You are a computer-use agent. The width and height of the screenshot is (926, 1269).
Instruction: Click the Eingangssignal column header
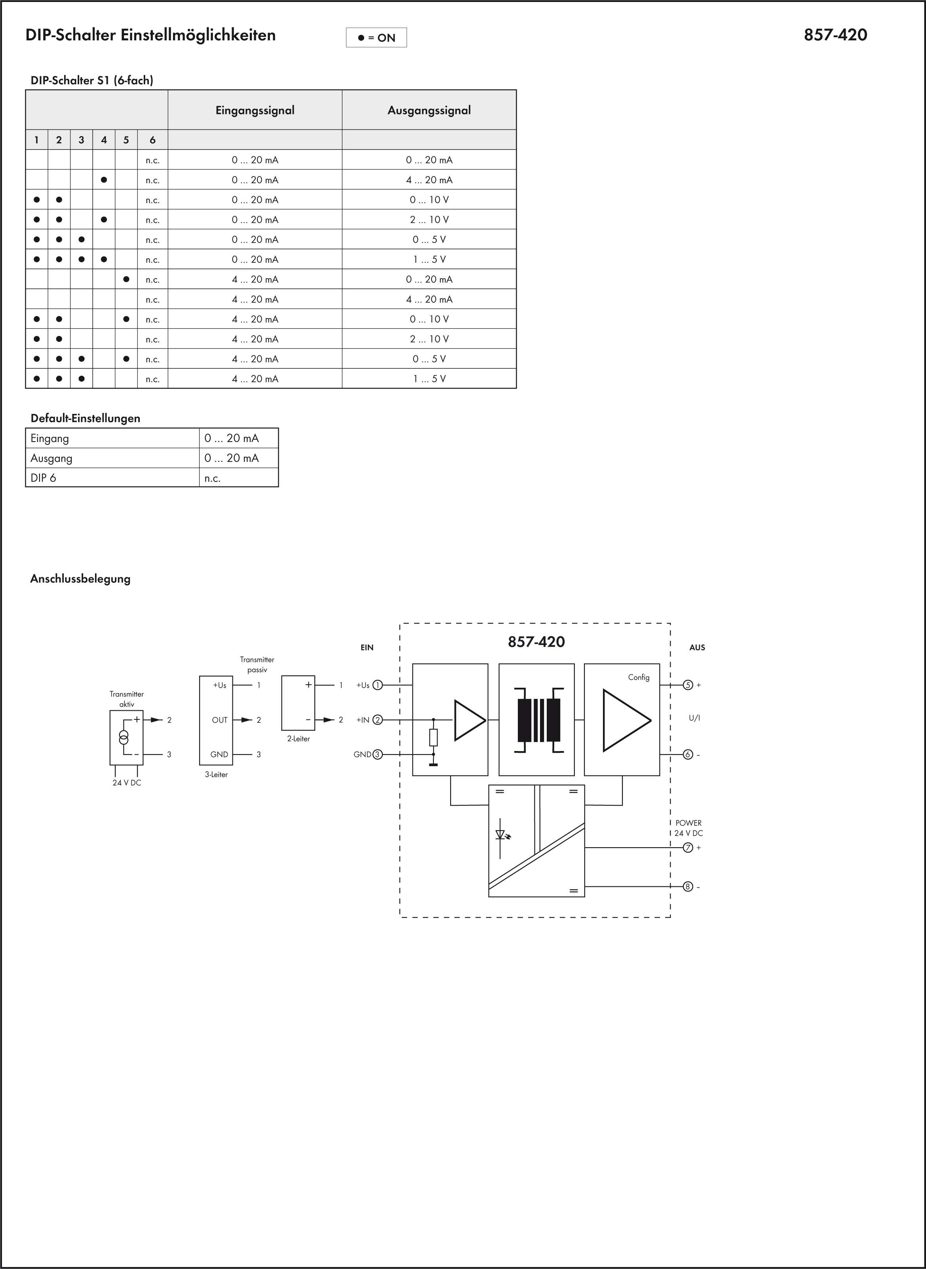(x=255, y=110)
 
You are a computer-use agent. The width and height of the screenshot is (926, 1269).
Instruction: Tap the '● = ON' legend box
(x=376, y=38)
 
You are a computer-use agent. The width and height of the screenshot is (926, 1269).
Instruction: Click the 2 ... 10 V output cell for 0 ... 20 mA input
(x=429, y=220)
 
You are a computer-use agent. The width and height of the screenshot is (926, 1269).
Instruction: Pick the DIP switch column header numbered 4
(x=104, y=140)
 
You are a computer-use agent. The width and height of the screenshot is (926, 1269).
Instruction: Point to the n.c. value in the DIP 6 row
(x=213, y=478)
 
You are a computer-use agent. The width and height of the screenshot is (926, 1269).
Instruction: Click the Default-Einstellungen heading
(x=85, y=418)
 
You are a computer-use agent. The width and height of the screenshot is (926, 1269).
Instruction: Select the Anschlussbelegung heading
(x=80, y=579)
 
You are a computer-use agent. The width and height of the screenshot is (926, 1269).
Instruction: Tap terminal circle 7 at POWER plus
(x=688, y=848)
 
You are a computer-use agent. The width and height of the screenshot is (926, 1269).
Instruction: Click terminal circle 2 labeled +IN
(x=377, y=720)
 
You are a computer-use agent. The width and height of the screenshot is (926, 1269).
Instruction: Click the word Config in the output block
(x=639, y=677)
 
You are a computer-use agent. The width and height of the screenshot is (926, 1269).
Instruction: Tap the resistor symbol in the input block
(x=433, y=737)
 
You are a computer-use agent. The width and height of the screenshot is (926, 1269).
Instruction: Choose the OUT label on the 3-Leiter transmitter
(x=220, y=720)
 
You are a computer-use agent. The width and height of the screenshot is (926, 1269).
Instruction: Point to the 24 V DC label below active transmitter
(x=127, y=783)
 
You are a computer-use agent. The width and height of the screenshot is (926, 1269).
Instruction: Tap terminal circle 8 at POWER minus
(x=688, y=887)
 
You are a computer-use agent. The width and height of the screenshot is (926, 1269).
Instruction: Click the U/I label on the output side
(x=694, y=718)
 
